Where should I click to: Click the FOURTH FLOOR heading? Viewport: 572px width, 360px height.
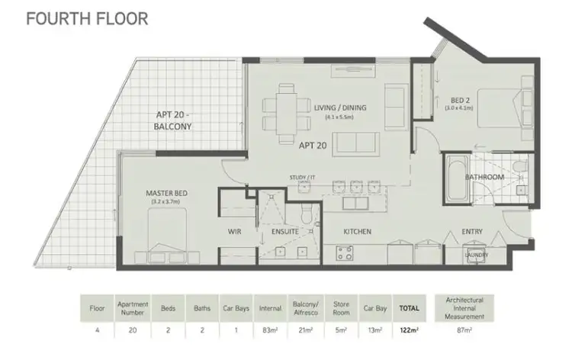point(87,18)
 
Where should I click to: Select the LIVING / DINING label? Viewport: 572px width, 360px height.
point(340,108)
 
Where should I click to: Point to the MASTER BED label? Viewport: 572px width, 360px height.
point(166,193)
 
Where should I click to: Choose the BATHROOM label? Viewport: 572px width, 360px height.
point(486,178)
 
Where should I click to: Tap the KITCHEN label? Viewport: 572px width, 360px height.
point(356,230)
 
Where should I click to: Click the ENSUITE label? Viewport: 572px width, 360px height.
point(284,230)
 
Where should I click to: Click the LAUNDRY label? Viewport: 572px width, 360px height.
point(477,256)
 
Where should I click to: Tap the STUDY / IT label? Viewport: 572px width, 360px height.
point(303,178)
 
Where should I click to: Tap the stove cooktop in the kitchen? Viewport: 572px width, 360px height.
point(342,251)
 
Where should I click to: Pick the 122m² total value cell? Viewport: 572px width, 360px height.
point(408,331)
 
